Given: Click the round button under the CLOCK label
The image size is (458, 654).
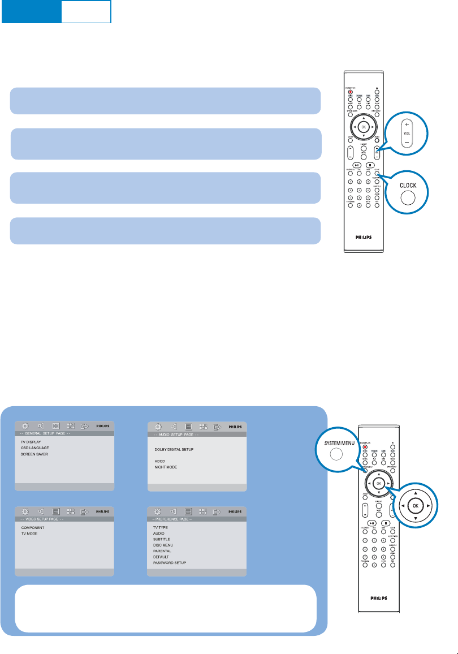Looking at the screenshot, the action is [x=408, y=197].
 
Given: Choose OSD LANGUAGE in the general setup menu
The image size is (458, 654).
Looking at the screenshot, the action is [x=34, y=447].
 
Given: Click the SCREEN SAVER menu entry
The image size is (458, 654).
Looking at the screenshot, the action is [x=33, y=454].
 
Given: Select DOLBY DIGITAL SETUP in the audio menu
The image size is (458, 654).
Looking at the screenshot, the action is [x=174, y=449].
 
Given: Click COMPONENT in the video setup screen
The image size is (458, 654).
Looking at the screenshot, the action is [x=33, y=527].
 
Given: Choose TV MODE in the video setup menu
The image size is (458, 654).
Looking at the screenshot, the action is [x=29, y=533].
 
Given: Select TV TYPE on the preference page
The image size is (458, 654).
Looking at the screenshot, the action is [x=161, y=527].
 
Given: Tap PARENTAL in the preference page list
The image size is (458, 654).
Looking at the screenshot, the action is [x=162, y=550].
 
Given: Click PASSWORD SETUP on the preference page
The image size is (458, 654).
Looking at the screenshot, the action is [x=170, y=563].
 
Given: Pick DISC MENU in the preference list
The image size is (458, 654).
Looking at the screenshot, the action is [x=163, y=545].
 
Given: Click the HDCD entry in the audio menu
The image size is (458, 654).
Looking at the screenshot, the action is [x=159, y=461].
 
